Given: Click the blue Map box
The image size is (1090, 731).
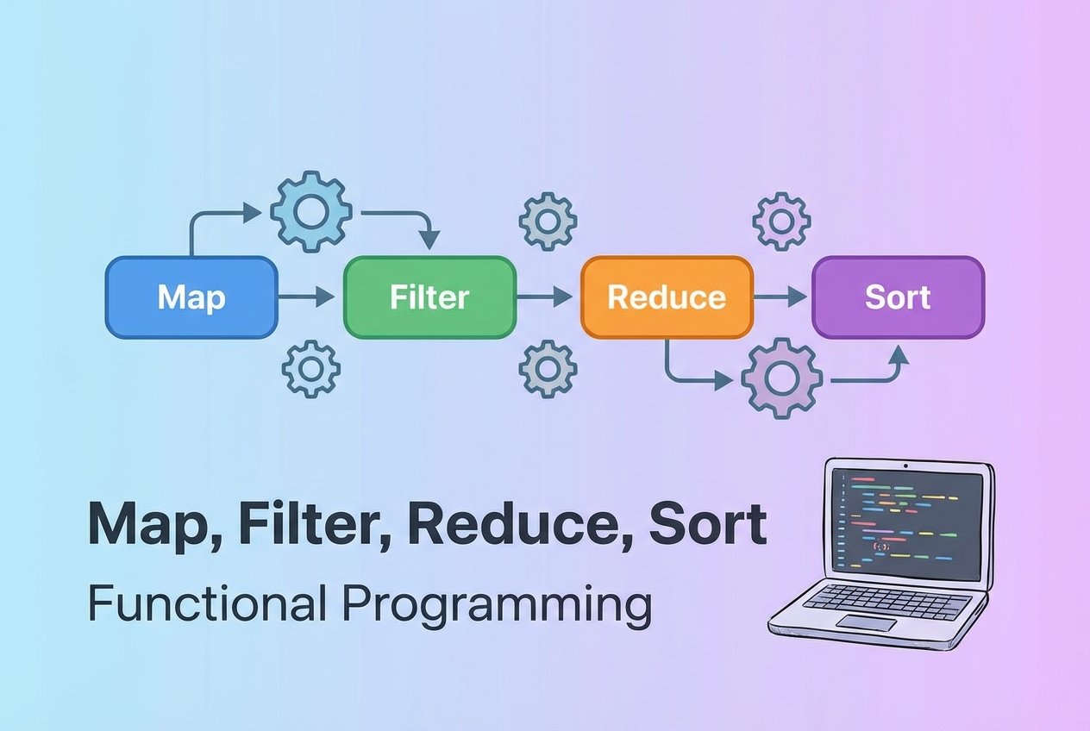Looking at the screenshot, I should [191, 297].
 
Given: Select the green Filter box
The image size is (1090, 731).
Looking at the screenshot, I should [429, 297].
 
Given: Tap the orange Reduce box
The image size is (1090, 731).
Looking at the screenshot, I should [667, 297].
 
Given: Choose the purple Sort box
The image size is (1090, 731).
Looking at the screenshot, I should [898, 297].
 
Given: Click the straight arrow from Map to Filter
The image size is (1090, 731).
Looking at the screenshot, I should [307, 298].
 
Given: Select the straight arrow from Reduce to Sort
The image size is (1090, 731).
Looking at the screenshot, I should [781, 297].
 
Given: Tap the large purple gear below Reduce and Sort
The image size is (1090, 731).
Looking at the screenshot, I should [782, 378].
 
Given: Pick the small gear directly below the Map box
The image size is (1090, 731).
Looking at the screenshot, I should [311, 369].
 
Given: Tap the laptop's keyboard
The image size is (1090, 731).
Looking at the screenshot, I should [888, 600].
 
